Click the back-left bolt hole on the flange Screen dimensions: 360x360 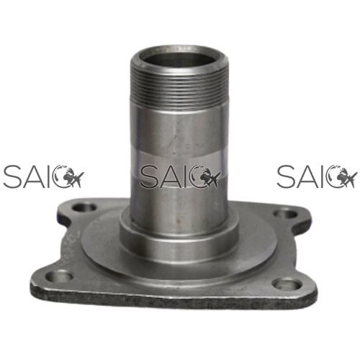click(84, 207)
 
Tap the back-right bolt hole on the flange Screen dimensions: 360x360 click(286, 214)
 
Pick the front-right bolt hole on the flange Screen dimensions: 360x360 click(288, 284)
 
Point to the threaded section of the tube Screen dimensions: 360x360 click(179, 90)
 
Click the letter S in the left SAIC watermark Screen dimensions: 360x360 click(13, 176)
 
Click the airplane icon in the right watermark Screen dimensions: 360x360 click(347, 179)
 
